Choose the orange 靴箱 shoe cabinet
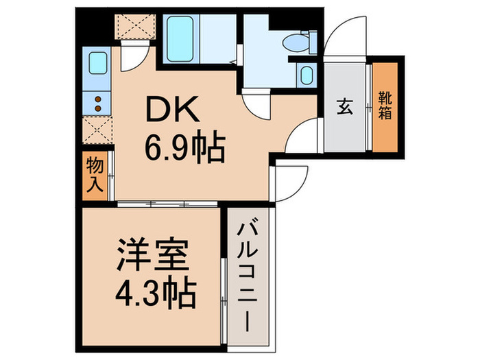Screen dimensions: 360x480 pos(385,106)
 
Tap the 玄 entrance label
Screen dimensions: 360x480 pos(345,107)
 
